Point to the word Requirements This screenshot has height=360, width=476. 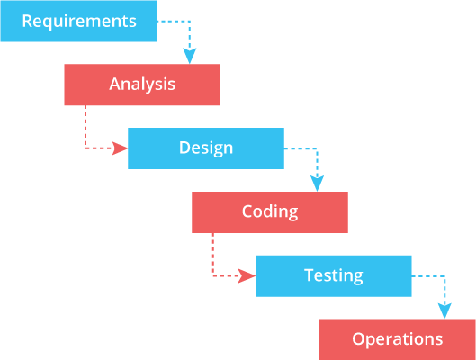coord(79,20)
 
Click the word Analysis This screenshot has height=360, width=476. coord(142,85)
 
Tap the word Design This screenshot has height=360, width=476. coord(206,148)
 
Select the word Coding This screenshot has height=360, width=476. coord(270,212)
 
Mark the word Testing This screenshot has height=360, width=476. coord(334,275)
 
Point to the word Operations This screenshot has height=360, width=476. coord(398,339)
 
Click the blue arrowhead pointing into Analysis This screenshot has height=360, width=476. coord(190,56)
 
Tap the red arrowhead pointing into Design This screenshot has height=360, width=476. coord(120,148)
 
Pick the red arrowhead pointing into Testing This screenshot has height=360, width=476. coord(247,275)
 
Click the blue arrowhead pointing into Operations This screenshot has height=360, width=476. coord(445,310)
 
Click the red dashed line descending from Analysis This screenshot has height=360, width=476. coord(85,126)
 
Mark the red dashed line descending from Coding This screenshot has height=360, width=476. coord(213,254)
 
